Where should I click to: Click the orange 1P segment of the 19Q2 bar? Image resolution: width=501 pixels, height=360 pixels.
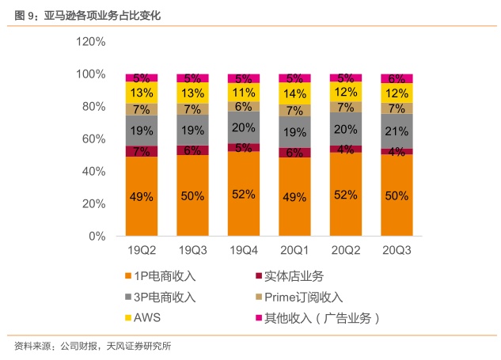click(142, 195)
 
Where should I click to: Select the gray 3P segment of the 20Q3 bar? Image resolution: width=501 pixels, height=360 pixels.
click(397, 131)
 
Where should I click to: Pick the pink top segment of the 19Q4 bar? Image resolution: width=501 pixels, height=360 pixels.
click(244, 78)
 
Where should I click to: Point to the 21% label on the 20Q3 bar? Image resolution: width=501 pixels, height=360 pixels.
click(397, 131)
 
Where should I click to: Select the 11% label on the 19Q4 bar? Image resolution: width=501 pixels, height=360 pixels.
click(244, 92)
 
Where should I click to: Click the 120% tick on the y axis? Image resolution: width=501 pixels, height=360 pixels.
click(90, 42)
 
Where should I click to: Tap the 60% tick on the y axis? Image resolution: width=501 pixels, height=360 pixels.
click(93, 139)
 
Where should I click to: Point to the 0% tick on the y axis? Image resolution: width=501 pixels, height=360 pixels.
click(97, 236)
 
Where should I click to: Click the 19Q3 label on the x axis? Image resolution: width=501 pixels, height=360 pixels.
click(193, 249)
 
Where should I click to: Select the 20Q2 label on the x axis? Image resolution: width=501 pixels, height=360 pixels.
click(346, 249)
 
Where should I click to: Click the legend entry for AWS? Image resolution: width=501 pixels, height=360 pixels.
click(147, 318)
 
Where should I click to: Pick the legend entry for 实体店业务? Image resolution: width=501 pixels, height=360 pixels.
click(294, 276)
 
